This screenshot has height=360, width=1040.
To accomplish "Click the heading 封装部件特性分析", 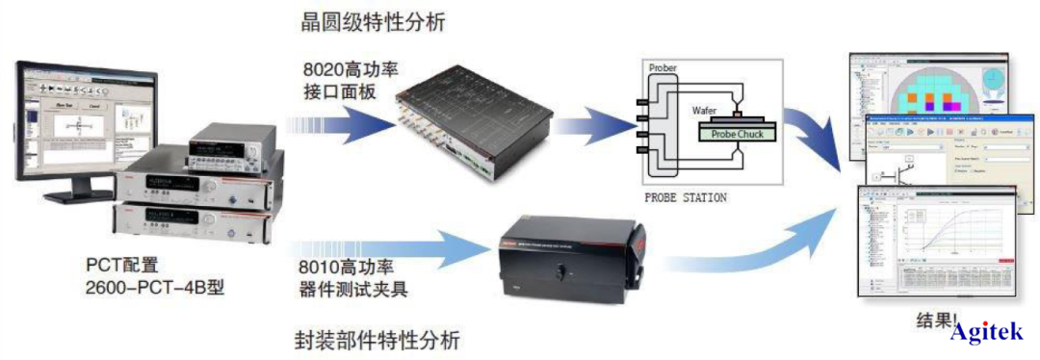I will pos(375,339).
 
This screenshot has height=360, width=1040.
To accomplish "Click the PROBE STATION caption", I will pos(687,198).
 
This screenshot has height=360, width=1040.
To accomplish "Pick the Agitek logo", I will pos(992,333).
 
